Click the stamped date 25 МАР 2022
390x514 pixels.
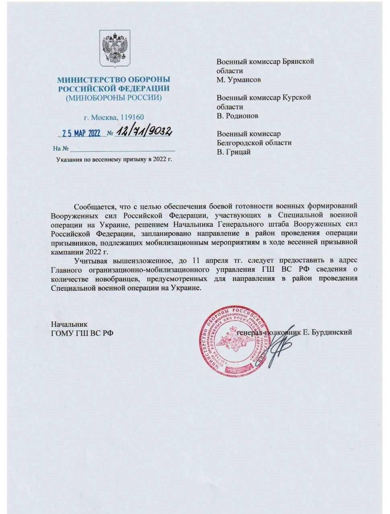click(82, 133)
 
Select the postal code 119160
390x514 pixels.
click(132, 117)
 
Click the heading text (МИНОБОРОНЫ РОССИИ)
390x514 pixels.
click(114, 98)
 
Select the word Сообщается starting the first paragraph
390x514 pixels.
click(92, 207)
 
